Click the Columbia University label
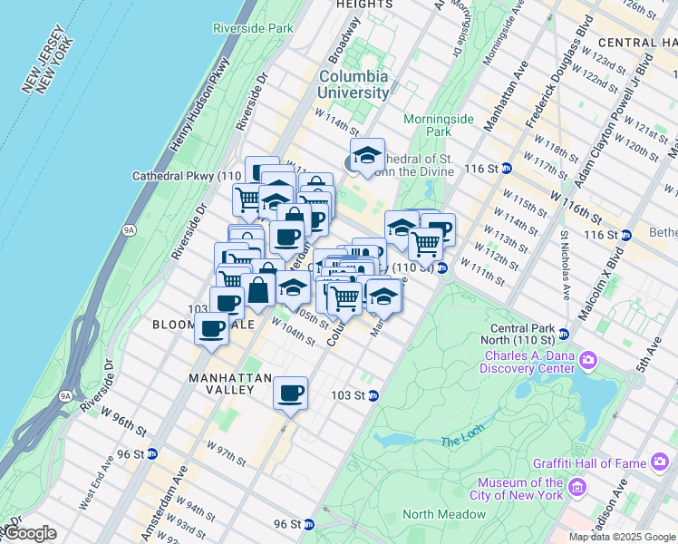[x=354, y=84]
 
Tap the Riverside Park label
[x=254, y=28]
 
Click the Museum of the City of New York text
[x=519, y=489]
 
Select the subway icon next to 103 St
[x=373, y=395]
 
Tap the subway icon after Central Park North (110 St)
[x=563, y=335]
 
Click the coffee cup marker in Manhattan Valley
[x=290, y=394]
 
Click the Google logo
[x=31, y=533]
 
